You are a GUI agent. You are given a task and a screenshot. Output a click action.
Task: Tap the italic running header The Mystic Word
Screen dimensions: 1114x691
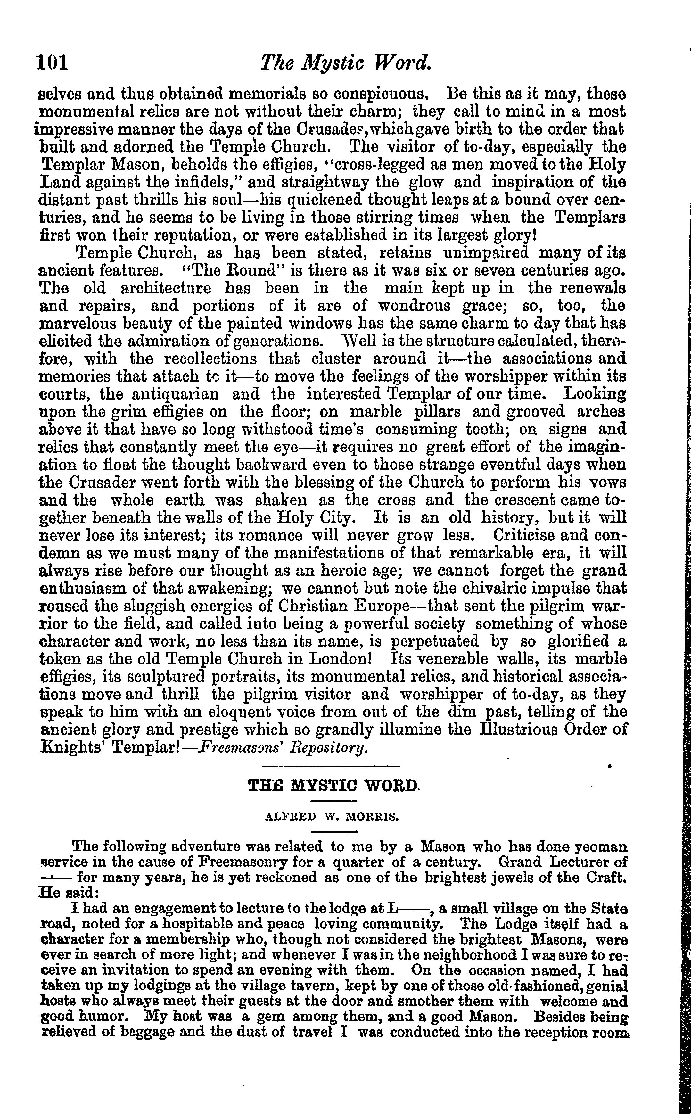pos(345,63)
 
